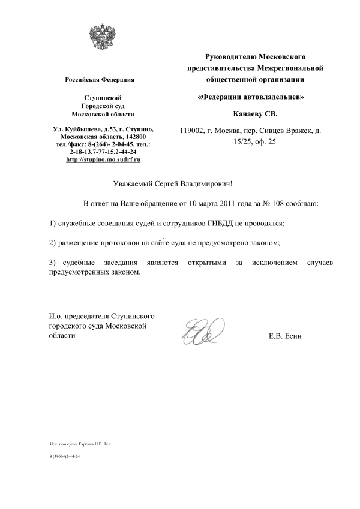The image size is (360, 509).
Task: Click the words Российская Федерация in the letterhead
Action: coord(99,80)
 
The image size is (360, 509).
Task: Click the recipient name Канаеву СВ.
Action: coord(256,113)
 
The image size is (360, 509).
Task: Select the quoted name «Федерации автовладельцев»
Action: coord(255,96)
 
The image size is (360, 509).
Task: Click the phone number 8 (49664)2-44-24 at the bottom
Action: coord(65,456)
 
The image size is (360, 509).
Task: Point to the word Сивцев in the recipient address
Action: coord(275,130)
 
